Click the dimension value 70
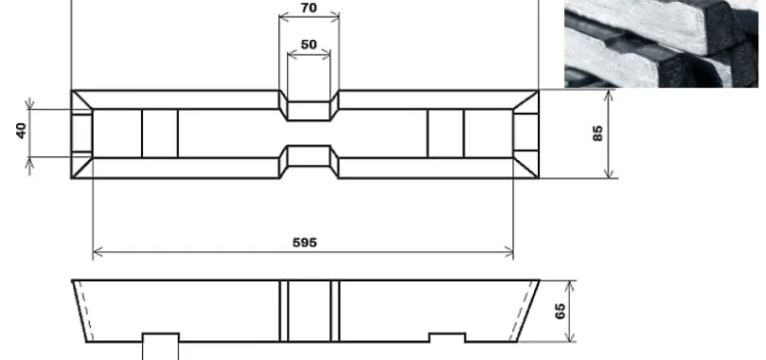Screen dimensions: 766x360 309,8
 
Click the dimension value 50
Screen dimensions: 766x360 309,45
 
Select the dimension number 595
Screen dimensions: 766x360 305,243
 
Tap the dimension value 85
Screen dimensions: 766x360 597,134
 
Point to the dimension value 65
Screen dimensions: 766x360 560,311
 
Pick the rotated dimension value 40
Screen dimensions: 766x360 21,131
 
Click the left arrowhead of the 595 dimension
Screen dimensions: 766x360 98,253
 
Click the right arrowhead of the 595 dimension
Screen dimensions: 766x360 508,253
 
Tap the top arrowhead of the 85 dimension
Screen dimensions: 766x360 608,95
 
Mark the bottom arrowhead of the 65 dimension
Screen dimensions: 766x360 570,336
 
